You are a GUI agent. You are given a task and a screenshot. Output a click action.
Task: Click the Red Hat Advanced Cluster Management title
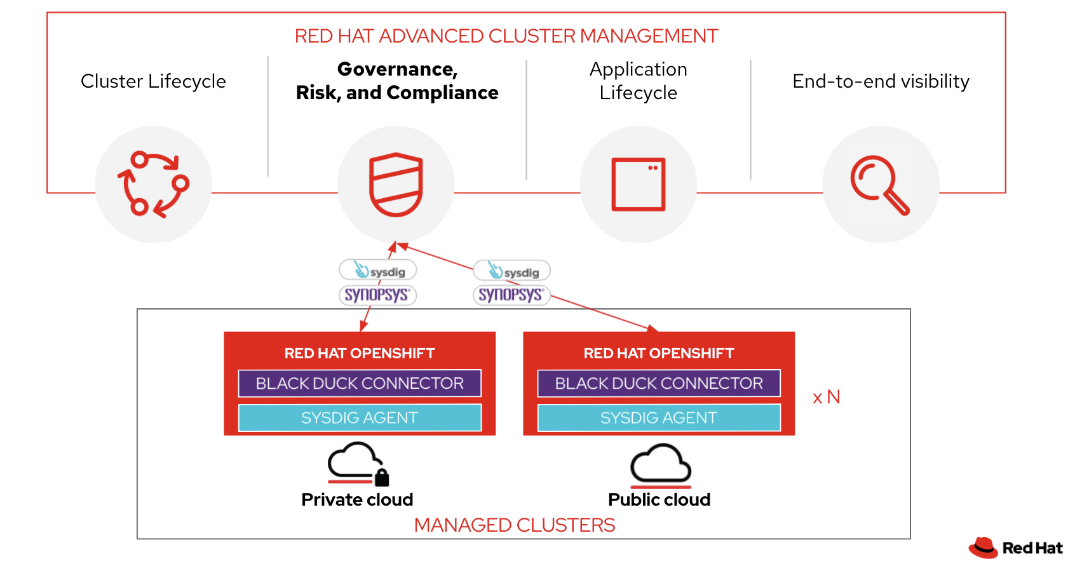(x=506, y=36)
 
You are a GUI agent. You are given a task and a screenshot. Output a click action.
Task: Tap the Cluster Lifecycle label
(x=153, y=81)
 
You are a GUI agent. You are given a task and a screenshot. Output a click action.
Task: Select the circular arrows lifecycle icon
(x=153, y=184)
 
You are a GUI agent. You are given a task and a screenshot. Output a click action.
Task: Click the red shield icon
(x=396, y=184)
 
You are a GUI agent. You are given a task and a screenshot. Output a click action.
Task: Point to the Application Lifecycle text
(x=638, y=81)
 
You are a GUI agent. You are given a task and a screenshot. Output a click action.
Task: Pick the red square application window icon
(x=638, y=184)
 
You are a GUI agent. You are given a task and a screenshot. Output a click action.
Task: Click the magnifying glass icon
(x=880, y=185)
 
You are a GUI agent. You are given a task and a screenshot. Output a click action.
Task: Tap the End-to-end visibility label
(x=881, y=81)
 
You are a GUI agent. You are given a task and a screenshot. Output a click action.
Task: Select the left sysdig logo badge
(x=378, y=270)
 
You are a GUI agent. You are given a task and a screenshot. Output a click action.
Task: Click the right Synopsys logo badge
(x=511, y=295)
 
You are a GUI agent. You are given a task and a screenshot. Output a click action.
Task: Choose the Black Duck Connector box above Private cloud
(x=360, y=383)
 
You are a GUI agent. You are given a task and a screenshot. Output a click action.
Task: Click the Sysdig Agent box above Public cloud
(x=659, y=417)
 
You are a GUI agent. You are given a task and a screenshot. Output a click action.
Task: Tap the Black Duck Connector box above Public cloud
(x=659, y=383)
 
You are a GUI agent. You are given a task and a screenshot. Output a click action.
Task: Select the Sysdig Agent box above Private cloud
(x=360, y=417)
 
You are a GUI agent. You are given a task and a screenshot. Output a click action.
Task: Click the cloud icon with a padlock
(x=358, y=464)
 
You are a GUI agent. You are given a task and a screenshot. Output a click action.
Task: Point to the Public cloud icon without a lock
(x=660, y=464)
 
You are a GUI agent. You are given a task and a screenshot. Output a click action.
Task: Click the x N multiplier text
(x=826, y=397)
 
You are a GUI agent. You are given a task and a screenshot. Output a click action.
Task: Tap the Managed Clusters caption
(x=515, y=525)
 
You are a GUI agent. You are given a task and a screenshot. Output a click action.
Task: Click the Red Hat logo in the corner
(x=1015, y=547)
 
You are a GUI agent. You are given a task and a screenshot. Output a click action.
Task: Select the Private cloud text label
(x=357, y=499)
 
